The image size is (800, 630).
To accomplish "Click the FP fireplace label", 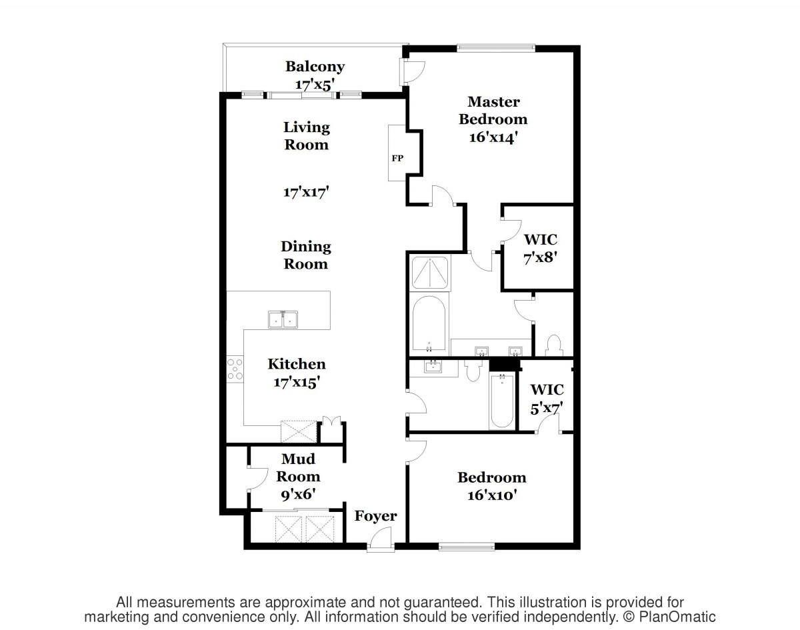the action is click(397, 159).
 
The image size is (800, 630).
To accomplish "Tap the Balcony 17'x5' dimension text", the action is click(315, 85).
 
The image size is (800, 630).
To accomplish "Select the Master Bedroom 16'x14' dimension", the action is click(493, 137).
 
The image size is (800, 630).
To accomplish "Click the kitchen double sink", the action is click(283, 319).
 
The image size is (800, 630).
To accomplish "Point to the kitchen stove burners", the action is click(235, 369).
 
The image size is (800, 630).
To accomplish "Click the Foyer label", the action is click(375, 516).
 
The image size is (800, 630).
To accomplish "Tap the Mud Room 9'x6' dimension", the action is click(298, 494).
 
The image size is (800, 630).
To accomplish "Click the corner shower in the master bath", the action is click(430, 273).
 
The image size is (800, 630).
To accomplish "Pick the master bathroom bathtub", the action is click(429, 324).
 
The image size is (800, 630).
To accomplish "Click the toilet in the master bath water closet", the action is click(554, 345).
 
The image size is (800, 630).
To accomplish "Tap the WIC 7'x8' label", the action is click(540, 248).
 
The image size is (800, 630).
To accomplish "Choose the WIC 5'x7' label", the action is click(547, 399).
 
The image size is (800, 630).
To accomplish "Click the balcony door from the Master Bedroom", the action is click(412, 71).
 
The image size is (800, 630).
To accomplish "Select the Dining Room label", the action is click(306, 255).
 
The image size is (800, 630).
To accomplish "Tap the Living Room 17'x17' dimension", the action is click(306, 192).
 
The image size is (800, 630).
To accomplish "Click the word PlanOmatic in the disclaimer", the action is click(677, 617).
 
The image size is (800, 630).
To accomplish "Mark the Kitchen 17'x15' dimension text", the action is click(297, 382).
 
